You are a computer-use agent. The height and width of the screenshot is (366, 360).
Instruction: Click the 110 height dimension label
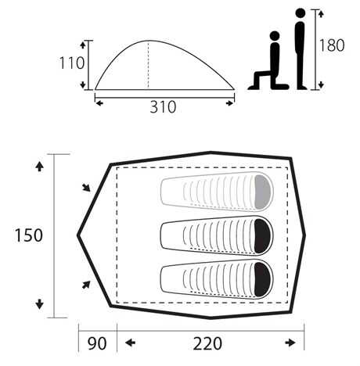click(x=72, y=63)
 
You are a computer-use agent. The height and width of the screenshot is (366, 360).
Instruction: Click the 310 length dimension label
click(x=163, y=107)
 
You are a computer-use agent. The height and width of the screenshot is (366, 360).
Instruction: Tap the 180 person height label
click(x=332, y=45)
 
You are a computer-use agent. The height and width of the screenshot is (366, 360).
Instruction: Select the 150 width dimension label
click(x=28, y=235)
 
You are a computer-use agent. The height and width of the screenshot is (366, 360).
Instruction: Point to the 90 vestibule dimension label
click(x=97, y=343)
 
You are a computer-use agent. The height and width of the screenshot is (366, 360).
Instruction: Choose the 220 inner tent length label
click(x=207, y=343)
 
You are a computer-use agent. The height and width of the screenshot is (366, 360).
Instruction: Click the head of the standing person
click(x=301, y=13)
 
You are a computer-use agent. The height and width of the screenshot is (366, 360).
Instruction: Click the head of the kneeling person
click(x=275, y=36)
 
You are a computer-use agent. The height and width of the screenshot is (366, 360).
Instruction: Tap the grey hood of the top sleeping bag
click(x=262, y=192)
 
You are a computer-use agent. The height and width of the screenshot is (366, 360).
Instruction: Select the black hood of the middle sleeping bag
click(x=262, y=236)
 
